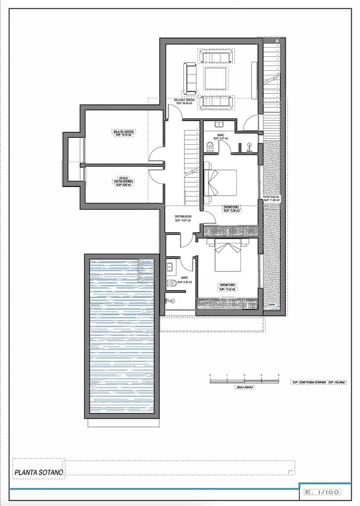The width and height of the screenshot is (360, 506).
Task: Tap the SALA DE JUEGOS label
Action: pyautogui.click(x=124, y=132)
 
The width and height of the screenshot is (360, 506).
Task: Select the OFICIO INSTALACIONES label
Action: pyautogui.click(x=124, y=180)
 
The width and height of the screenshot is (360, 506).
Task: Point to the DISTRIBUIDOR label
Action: pyautogui.click(x=183, y=217)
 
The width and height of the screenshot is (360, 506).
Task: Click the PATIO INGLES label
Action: pyautogui.click(x=272, y=197)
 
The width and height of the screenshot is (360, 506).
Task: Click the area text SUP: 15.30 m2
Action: pyautogui.click(x=231, y=210)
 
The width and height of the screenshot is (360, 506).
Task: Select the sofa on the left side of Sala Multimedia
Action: pyautogui.click(x=190, y=78)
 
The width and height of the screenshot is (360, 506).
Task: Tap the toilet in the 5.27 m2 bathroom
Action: pyautogui.click(x=210, y=146)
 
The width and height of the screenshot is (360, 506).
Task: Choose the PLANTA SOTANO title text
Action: pyautogui.click(x=39, y=473)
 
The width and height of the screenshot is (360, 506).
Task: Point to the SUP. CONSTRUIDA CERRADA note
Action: pyautogui.click(x=319, y=382)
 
